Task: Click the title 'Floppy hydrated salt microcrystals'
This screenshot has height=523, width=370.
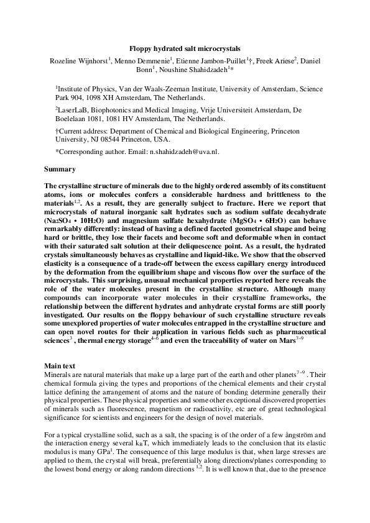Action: coord(185,48)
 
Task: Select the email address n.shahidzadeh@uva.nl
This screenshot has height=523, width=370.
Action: coord(177,151)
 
